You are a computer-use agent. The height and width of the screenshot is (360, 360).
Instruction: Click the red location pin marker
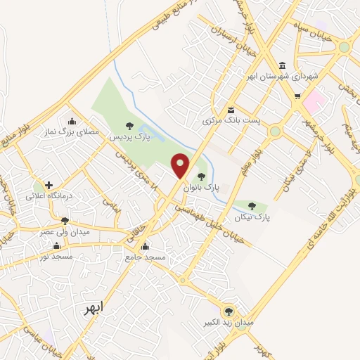(x=181, y=166)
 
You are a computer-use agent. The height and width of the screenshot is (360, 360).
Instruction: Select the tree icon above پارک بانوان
(x=202, y=176)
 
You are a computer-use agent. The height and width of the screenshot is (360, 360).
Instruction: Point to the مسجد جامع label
(x=146, y=257)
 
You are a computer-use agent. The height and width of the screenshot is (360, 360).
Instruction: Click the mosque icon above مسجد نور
(x=56, y=247)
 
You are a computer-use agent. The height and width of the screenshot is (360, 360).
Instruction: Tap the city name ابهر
(x=92, y=309)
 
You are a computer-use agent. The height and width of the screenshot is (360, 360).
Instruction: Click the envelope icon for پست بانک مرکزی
(x=231, y=109)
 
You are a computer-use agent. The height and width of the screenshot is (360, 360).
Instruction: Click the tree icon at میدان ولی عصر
(x=65, y=221)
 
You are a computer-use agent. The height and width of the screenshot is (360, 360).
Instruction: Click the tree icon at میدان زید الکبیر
(x=228, y=311)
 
